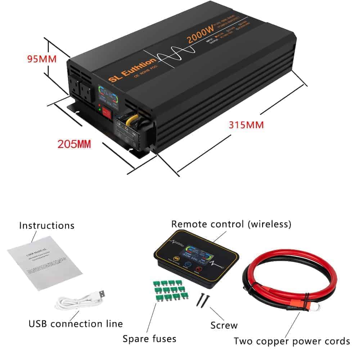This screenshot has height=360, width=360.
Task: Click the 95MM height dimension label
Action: coord(42,58)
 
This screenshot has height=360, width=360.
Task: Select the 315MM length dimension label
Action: coord(246,125)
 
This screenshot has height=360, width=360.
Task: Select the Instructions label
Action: coord(47,226)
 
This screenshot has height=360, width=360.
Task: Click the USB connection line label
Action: coord(76,323)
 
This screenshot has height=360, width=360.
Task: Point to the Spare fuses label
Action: coord(149,338)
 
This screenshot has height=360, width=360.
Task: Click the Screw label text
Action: coord(224,325)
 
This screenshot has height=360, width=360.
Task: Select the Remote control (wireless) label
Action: coord(231,224)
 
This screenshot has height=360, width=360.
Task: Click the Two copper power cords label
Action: coord(292,341)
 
